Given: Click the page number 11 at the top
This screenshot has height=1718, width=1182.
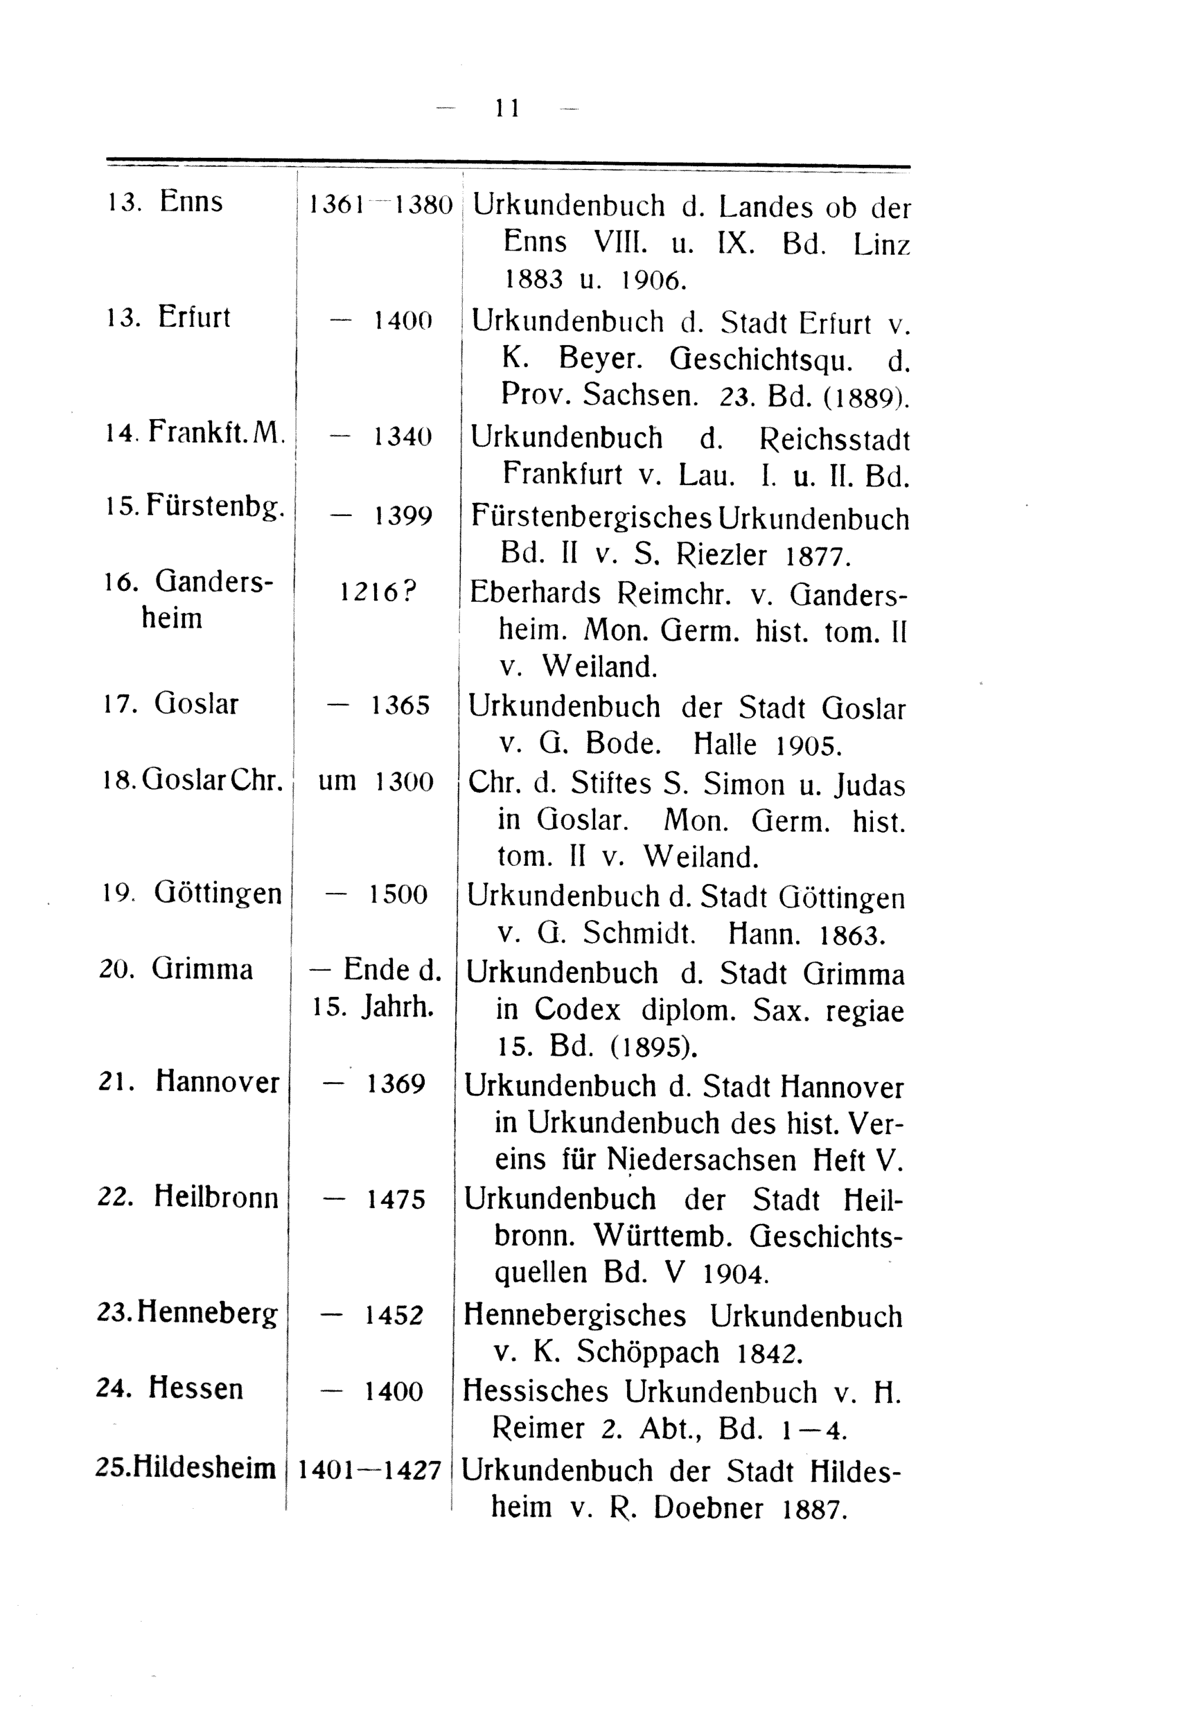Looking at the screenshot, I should (507, 109).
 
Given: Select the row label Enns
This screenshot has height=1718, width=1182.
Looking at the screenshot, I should (190, 202).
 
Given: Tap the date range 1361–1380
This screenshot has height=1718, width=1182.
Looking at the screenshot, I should (380, 205).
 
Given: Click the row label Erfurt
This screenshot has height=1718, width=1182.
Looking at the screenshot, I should (194, 318).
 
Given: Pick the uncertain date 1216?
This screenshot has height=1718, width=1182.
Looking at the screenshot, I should (378, 592).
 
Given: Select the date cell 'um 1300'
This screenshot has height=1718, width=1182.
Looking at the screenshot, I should (375, 782).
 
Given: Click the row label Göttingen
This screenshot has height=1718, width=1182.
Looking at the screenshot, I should (217, 894).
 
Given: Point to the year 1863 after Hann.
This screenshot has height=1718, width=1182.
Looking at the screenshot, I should (853, 936).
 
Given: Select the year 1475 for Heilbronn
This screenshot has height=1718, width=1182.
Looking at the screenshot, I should (396, 1200).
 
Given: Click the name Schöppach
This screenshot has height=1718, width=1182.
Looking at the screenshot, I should (648, 1353).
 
